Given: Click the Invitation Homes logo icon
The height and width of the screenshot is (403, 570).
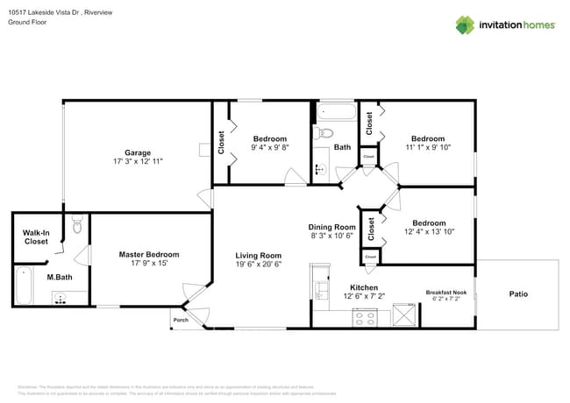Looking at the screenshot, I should tap(466, 25).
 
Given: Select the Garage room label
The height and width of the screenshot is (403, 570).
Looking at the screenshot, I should tap(138, 152).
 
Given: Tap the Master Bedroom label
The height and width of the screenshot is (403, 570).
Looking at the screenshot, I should tap(149, 254).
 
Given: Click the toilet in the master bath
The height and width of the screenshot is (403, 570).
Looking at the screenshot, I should tap(78, 226).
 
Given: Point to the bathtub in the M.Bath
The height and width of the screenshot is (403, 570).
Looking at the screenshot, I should tap(23, 286).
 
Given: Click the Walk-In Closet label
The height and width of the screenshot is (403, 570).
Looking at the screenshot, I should tap(36, 237).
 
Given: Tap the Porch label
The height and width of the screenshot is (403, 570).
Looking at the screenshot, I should tap(180, 320).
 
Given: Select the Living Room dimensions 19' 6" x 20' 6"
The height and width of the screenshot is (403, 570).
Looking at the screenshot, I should tap(257, 265).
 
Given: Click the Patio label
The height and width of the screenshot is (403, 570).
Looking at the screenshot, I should tap(518, 293).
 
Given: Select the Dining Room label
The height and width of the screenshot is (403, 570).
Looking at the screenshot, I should tap(331, 227).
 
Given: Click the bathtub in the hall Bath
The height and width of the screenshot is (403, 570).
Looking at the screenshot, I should tap(336, 112).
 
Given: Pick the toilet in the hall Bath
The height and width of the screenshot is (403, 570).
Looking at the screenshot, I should tap(324, 133).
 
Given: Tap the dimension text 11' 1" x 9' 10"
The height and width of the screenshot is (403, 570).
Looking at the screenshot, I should tap(428, 148).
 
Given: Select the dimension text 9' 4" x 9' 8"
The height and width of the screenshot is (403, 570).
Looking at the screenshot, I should tap(270, 148).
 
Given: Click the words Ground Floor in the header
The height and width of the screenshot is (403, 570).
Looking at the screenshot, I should tap(27, 23).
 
